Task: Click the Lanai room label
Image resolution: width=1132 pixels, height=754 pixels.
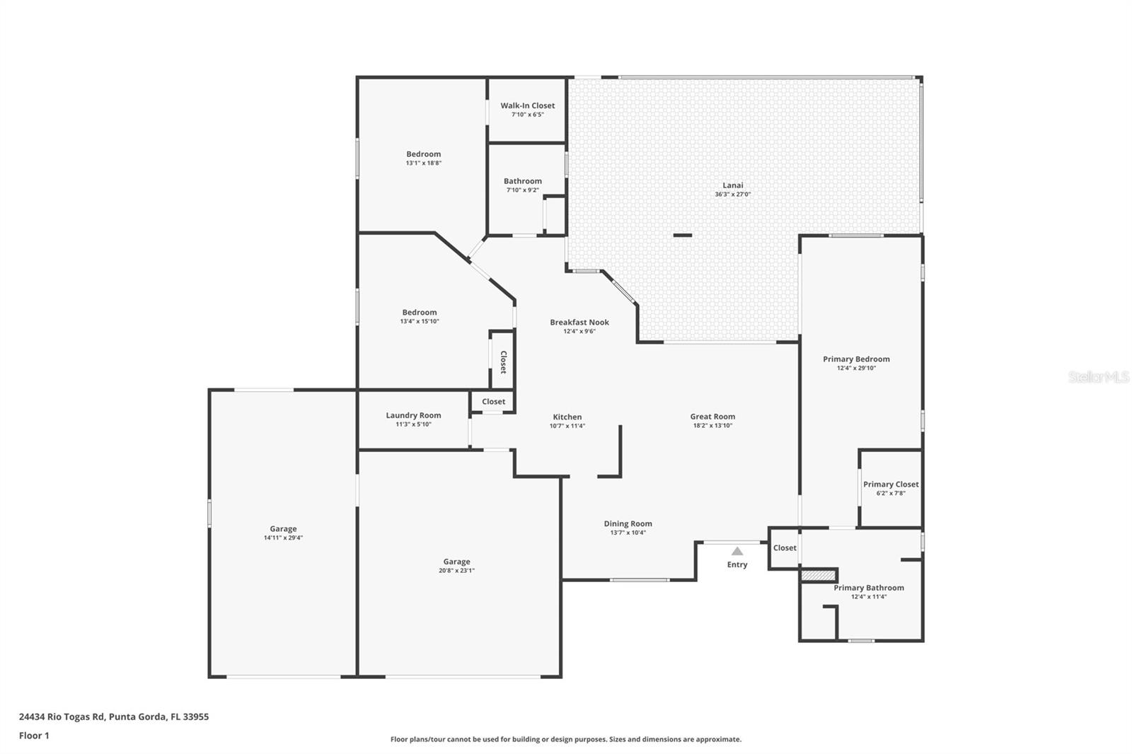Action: pyautogui.click(x=733, y=185)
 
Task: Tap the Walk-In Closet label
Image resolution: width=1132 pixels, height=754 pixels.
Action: pyautogui.click(x=528, y=105)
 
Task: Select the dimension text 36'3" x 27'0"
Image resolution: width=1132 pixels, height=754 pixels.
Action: pyautogui.click(x=733, y=194)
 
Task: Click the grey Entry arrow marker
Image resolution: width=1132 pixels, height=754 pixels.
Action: pyautogui.click(x=737, y=551)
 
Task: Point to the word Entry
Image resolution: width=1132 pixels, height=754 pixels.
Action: pyautogui.click(x=737, y=564)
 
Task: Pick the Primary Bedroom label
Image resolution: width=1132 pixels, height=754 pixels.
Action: pyautogui.click(x=857, y=359)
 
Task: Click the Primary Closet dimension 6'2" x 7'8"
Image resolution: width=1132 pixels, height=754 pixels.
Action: pyautogui.click(x=891, y=493)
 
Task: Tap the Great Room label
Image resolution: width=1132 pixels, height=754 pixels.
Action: pyautogui.click(x=712, y=417)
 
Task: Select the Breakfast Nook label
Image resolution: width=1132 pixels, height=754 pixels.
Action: pyautogui.click(x=579, y=323)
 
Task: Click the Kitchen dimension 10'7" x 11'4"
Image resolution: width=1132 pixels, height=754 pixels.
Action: pyautogui.click(x=567, y=426)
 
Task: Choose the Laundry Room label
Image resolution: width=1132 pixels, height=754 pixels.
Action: pyautogui.click(x=413, y=415)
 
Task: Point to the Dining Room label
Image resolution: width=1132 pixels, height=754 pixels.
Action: pyautogui.click(x=628, y=524)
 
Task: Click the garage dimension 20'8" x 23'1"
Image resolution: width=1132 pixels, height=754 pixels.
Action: pyautogui.click(x=457, y=571)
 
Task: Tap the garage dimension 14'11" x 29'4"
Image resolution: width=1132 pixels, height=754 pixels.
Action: pyautogui.click(x=283, y=538)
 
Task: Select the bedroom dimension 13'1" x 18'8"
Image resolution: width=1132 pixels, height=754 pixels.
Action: pyautogui.click(x=424, y=163)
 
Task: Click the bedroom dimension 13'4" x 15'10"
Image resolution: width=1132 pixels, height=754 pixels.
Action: pyautogui.click(x=420, y=321)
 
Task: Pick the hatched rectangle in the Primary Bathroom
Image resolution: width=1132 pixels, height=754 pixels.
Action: pyautogui.click(x=819, y=575)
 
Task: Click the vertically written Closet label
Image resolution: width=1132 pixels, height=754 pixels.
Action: pyautogui.click(x=503, y=362)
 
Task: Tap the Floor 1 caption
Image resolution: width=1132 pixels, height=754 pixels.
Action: pyautogui.click(x=35, y=736)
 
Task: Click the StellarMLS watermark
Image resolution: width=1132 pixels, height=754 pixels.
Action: pyautogui.click(x=1099, y=376)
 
